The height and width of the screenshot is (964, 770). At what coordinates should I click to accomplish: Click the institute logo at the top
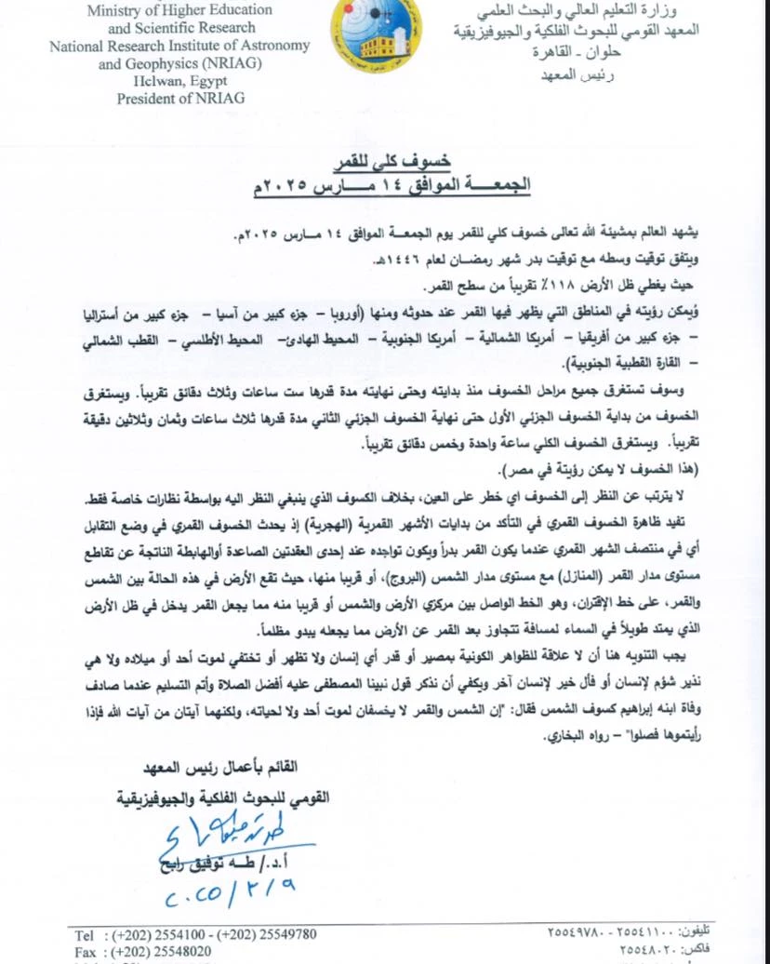coord(376,35)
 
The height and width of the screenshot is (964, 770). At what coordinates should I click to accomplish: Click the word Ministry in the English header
coord(115,10)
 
